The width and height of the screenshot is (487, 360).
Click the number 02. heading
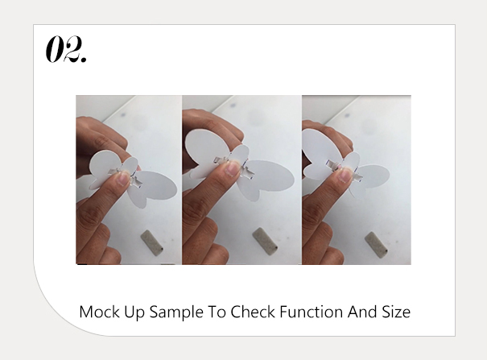66,49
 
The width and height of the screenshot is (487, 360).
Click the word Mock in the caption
99,312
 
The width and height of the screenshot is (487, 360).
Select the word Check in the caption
253,312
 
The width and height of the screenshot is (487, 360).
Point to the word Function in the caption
312,312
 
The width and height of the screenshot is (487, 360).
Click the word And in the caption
362,312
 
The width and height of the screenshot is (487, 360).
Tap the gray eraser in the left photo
152,243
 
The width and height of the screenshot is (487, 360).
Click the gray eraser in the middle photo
265,242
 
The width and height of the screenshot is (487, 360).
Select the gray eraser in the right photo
376,245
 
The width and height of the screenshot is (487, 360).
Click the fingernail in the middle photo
233,168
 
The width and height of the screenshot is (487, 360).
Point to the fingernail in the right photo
345,175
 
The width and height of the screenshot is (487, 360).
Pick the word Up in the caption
134,312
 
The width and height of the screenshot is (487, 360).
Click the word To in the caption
217,312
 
